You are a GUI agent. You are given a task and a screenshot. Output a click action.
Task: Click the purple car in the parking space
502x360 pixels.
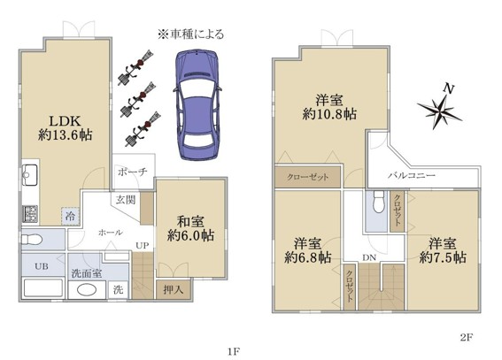tap(197, 104)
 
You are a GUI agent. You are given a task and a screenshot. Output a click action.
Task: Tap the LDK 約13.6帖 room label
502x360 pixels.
tap(65, 128)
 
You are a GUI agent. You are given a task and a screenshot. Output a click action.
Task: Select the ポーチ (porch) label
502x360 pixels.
tap(133, 172)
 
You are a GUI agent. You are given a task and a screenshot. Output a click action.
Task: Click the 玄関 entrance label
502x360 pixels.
tap(126, 200)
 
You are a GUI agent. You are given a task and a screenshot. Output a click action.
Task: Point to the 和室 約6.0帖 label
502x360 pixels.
tap(191, 228)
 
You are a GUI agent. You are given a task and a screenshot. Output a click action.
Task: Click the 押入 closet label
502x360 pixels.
tap(174, 289)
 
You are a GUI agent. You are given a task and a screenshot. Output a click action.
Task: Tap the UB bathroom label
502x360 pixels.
tap(42, 266)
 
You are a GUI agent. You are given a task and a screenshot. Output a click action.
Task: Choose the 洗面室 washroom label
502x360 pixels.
tap(87, 273)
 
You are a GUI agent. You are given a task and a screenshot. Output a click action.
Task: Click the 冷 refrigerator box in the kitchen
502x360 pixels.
tap(70, 217)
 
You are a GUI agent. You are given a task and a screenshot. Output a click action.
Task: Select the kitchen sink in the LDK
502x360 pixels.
tap(30, 175)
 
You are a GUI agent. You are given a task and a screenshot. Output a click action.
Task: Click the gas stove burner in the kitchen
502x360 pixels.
tap(30, 214)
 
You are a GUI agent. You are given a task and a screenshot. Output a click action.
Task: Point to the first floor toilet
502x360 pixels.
tap(32, 239)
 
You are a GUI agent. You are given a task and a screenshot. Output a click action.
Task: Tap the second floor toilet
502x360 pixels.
tap(379, 202)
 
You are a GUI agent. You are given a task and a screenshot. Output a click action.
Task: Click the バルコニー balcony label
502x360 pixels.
tap(412, 175)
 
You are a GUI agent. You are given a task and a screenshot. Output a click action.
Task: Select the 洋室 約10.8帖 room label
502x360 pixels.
tap(329, 107)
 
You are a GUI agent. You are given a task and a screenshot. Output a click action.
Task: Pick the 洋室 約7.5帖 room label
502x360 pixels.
tap(443, 250)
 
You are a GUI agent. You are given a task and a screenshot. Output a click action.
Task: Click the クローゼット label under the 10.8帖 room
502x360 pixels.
tap(308, 177)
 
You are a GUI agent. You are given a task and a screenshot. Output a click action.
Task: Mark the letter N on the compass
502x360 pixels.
tap(450, 88)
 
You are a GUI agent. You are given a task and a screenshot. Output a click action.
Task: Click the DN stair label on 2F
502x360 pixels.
tap(369, 257)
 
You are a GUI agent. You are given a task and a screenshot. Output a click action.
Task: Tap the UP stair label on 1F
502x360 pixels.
tap(143, 246)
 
